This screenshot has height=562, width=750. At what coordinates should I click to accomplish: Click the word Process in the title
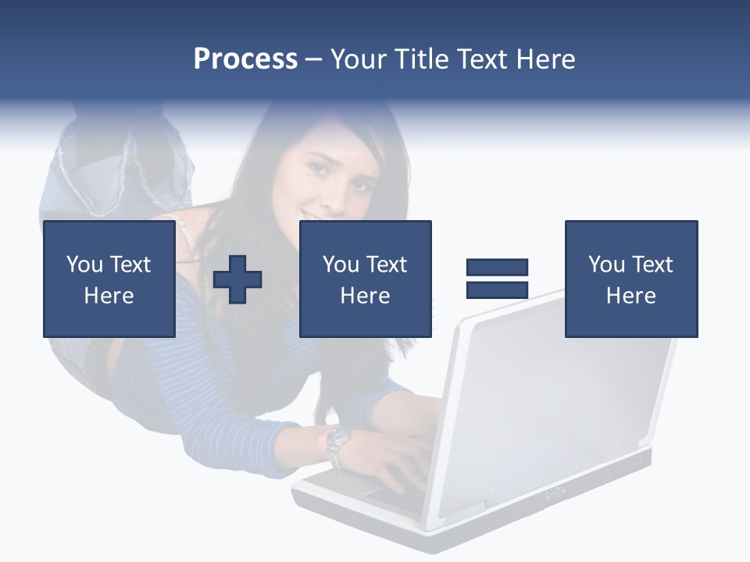pyautogui.click(x=245, y=59)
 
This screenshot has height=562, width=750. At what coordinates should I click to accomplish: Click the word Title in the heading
pyautogui.click(x=420, y=59)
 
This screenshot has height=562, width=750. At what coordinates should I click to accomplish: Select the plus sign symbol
pyautogui.click(x=237, y=279)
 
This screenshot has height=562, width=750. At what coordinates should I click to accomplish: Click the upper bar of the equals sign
pyautogui.click(x=497, y=267)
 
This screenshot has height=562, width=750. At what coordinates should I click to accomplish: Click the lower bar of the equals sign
pyautogui.click(x=497, y=290)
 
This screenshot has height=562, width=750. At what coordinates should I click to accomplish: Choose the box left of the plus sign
pyautogui.click(x=109, y=279)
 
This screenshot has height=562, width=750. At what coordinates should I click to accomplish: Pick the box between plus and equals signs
pyautogui.click(x=365, y=279)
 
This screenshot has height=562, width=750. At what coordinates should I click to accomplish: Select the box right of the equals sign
pyautogui.click(x=630, y=279)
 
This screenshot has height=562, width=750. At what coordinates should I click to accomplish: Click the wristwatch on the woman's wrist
pyautogui.click(x=338, y=443)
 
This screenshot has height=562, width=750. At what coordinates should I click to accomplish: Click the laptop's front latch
pyautogui.click(x=556, y=492)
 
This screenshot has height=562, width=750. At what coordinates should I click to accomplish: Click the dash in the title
pyautogui.click(x=313, y=59)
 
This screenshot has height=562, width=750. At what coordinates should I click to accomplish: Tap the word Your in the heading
pyautogui.click(x=359, y=59)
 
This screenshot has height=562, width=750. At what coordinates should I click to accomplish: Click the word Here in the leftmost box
pyautogui.click(x=109, y=296)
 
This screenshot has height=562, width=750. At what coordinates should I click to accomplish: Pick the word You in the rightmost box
pyautogui.click(x=606, y=265)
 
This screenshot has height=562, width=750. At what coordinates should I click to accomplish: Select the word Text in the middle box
pyautogui.click(x=387, y=265)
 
